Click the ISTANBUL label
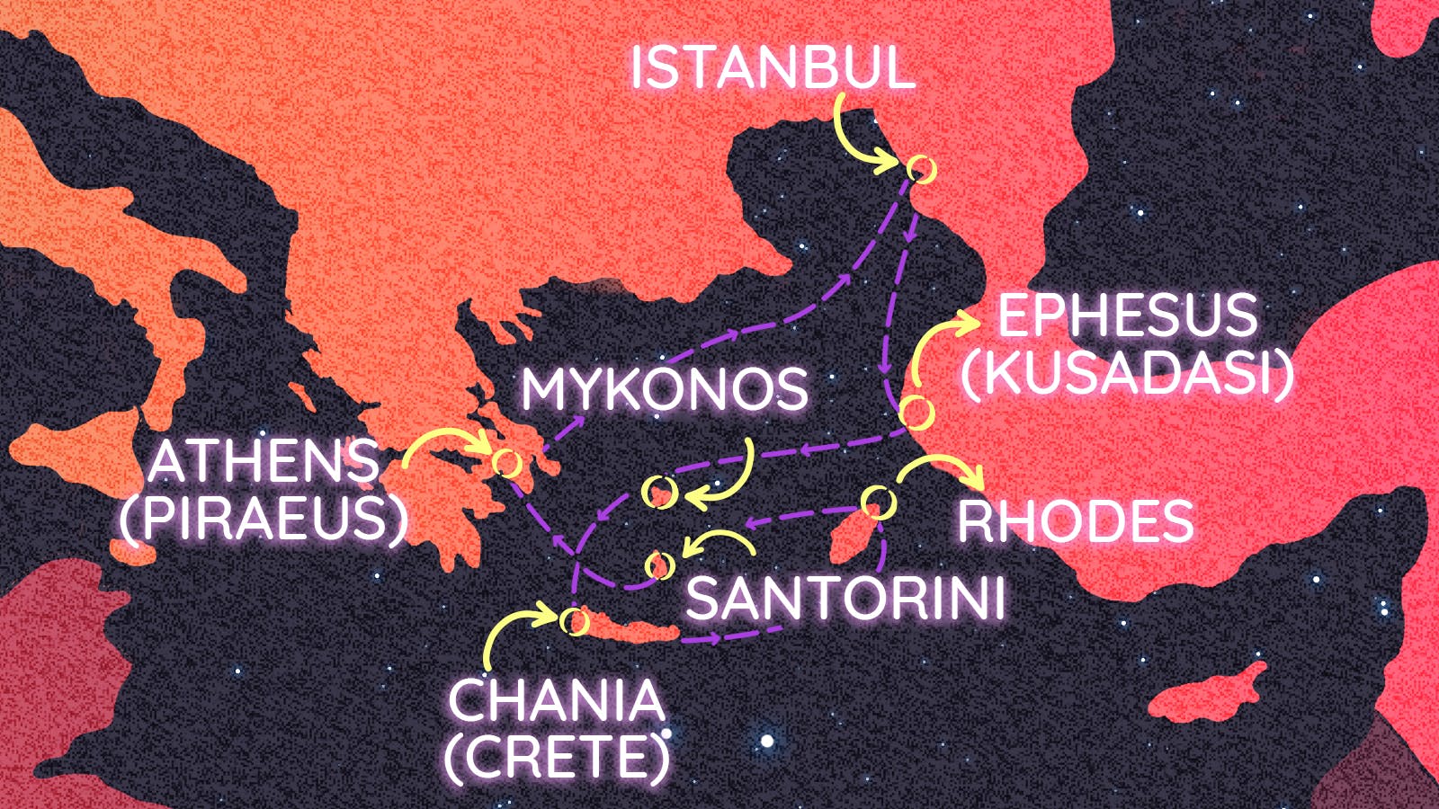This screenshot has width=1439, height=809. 772,67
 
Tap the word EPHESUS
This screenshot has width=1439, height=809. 1127,316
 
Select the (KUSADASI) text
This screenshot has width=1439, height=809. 1127,372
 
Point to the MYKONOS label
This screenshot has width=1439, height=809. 665,390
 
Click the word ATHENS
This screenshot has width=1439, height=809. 264,462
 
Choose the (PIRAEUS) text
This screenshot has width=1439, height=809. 264,519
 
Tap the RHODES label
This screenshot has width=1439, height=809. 1075,521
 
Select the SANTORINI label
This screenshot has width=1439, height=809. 845,599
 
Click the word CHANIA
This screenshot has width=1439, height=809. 556,701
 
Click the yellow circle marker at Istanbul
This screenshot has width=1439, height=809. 920,168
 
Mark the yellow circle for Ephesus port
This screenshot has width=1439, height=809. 916,413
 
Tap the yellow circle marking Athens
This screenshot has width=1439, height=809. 506,463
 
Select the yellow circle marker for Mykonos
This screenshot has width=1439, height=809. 659,492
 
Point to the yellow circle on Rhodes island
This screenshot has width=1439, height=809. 879,502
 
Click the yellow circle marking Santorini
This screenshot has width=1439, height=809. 659,565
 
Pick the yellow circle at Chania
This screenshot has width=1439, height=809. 573,620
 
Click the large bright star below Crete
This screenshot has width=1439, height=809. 766,742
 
